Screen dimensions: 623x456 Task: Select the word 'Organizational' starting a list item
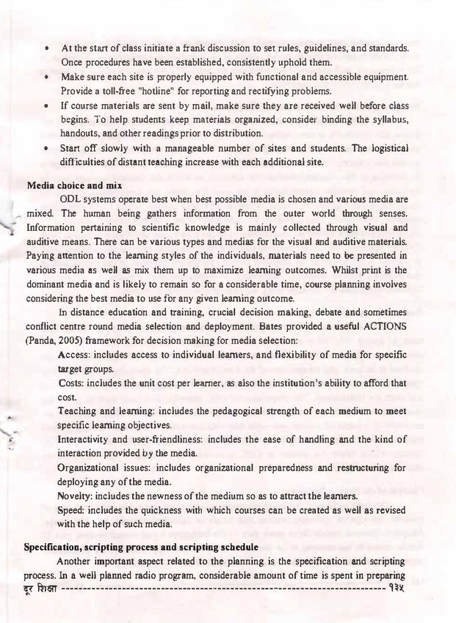(93, 467)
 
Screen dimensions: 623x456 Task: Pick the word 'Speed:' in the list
(74, 509)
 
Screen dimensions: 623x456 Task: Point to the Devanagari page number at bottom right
(398, 587)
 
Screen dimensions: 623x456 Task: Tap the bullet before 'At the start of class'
(46, 48)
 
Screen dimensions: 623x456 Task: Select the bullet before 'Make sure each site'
(46, 77)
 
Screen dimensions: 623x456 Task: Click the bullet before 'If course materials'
(46, 105)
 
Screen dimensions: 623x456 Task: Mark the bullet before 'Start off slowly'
(46, 147)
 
